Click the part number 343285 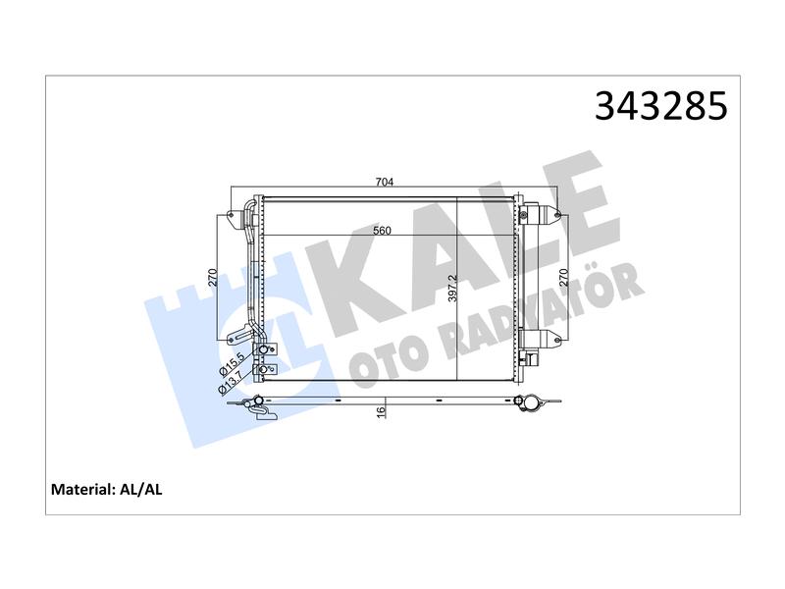tap(660, 106)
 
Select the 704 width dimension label tap(385, 183)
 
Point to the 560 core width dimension tap(383, 231)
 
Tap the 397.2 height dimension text tap(452, 288)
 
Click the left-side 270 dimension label tap(213, 278)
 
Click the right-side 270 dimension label tap(563, 278)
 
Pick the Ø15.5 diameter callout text tap(232, 364)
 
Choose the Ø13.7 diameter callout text tap(232, 382)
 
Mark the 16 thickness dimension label tap(382, 411)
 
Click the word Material tap(83, 489)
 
